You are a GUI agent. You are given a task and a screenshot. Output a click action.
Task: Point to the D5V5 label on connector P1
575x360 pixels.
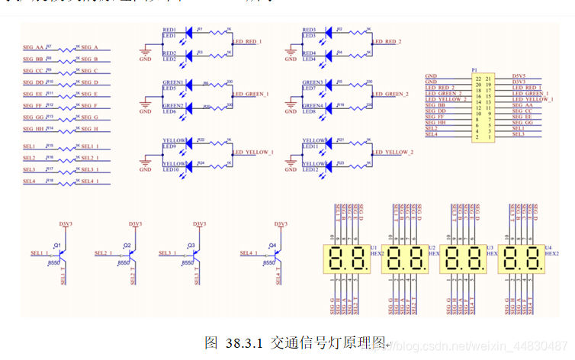(519, 77)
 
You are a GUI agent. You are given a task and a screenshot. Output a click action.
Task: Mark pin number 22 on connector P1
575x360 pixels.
(477, 77)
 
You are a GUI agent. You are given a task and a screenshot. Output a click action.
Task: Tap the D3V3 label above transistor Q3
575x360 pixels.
(198, 224)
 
